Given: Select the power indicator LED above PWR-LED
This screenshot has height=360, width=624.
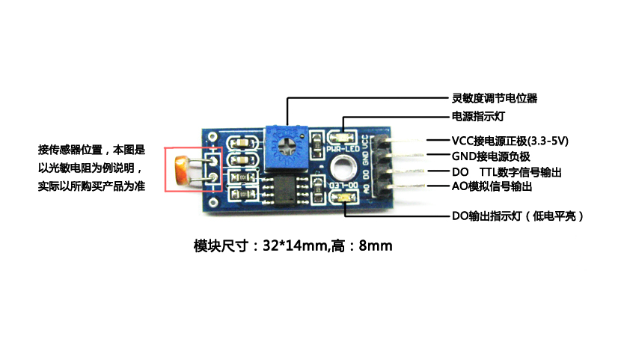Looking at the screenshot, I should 344,138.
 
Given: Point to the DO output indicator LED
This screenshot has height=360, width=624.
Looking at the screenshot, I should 345,197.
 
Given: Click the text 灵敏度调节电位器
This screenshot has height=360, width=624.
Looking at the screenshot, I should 495,98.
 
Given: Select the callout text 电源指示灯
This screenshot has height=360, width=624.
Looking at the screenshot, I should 477,117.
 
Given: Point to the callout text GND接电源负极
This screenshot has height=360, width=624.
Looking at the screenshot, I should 491,156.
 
